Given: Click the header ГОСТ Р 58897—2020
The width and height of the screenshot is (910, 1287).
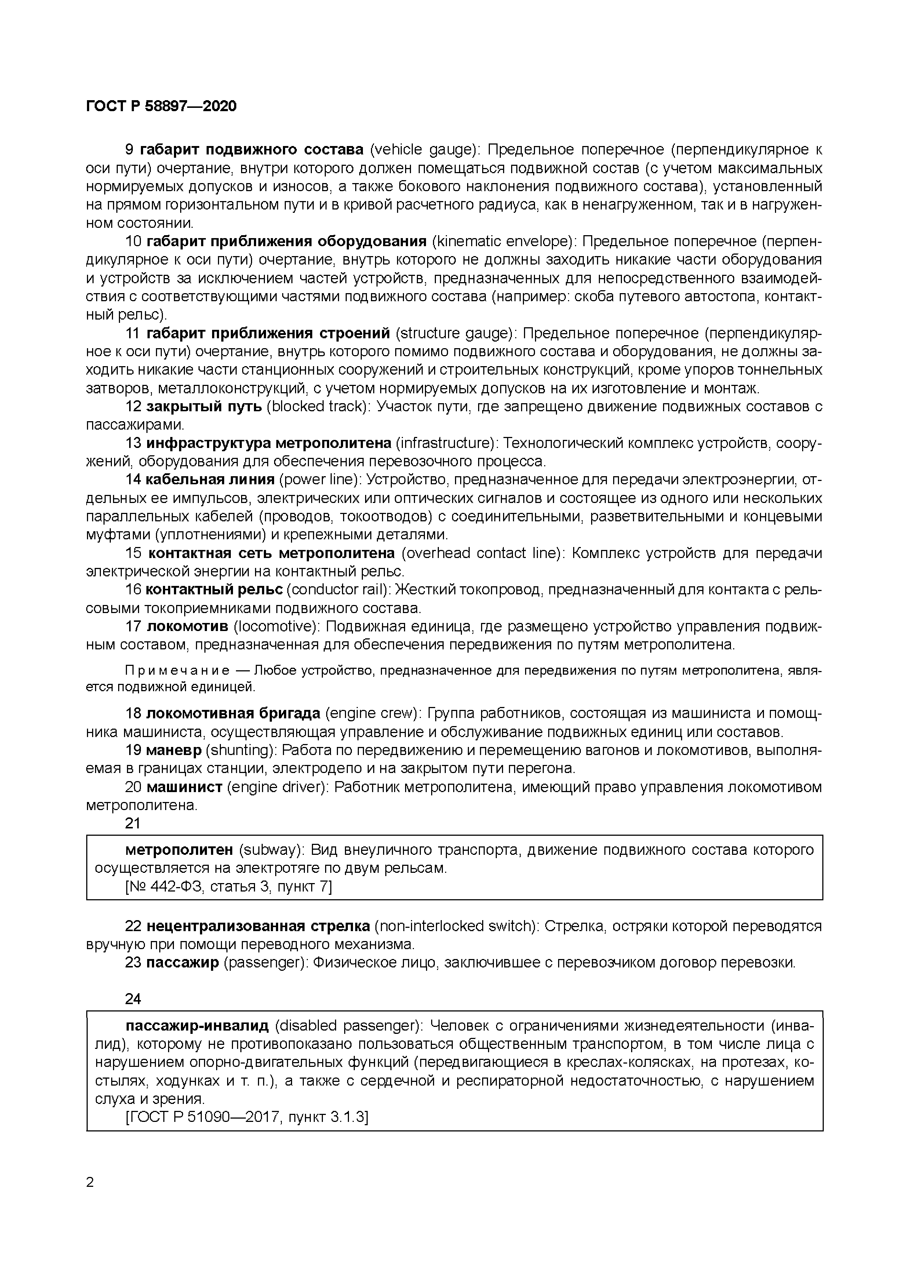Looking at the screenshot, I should click(x=161, y=106).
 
